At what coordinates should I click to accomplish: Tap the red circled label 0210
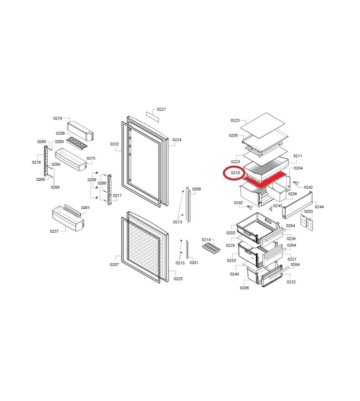pyautogui.click(x=235, y=173)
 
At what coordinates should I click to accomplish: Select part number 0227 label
pyautogui.click(x=161, y=109)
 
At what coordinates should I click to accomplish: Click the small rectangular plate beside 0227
pyautogui.click(x=153, y=116)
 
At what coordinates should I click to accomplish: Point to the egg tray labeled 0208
pyautogui.click(x=77, y=144)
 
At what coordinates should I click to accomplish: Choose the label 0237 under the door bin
pyautogui.click(x=54, y=231)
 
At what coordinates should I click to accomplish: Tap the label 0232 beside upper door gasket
pyautogui.click(x=115, y=144)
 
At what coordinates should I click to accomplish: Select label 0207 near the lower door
pyautogui.click(x=114, y=265)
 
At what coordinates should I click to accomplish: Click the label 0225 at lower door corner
pyautogui.click(x=178, y=279)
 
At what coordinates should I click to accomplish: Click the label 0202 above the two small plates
pyautogui.click(x=309, y=211)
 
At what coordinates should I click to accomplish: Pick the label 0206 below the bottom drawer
pyautogui.click(x=245, y=288)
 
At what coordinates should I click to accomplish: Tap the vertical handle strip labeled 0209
pyautogui.click(x=188, y=205)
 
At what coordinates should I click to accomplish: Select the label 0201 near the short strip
pyautogui.click(x=194, y=263)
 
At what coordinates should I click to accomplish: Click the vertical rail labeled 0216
pyautogui.click(x=46, y=161)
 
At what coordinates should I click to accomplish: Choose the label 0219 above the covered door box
pyautogui.click(x=58, y=118)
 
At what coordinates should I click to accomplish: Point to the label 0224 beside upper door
pyautogui.click(x=177, y=140)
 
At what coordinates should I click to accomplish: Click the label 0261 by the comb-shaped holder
pyautogui.click(x=85, y=207)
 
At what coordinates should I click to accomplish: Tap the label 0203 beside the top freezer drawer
pyautogui.click(x=231, y=233)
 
